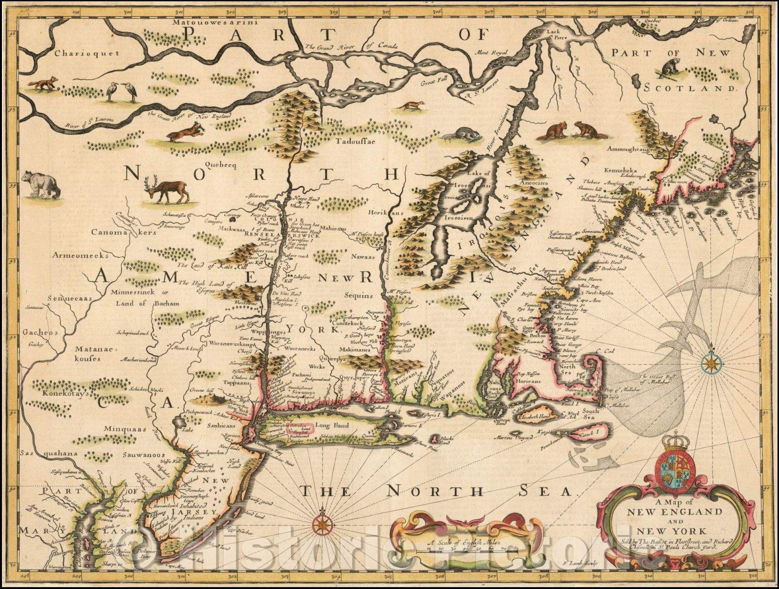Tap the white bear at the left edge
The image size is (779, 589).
(x=41, y=184)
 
